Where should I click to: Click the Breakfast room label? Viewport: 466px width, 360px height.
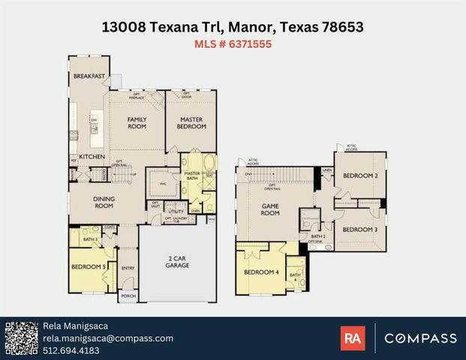89,76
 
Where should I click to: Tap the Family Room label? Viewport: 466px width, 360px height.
137,123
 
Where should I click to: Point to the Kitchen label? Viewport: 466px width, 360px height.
92,156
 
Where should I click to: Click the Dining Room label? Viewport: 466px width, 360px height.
104,202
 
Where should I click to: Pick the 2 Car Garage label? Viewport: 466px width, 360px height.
179,262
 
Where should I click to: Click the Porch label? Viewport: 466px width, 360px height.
128,296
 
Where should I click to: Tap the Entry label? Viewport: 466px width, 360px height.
128,268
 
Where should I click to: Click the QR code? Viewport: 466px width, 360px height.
20,338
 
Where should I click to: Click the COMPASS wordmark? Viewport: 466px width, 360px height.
420,338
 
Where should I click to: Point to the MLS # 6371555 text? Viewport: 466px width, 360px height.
233,44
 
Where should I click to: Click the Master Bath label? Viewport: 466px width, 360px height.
197,176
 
